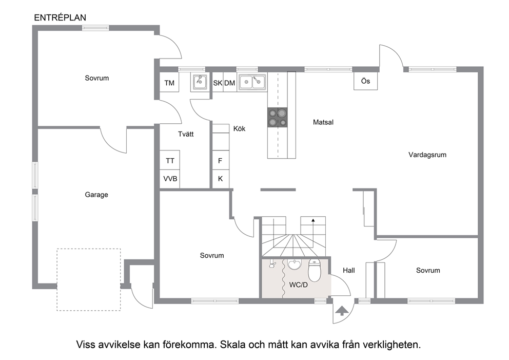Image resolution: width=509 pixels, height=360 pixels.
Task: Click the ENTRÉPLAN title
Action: coord(60,17)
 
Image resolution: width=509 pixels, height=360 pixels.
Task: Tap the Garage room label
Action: coord(96,195)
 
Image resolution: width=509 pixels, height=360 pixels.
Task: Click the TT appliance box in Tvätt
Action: coord(169,160)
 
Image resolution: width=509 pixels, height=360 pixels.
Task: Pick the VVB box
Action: coord(169,179)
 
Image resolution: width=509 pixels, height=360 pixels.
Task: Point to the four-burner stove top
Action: coord(278,117)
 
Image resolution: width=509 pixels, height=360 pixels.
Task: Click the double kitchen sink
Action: coord(252,82)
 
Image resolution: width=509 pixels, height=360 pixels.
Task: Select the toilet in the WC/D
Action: coord(314,270)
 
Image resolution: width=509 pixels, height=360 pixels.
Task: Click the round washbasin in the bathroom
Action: coord(295,264)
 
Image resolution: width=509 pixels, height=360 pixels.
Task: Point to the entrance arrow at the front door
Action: coord(342,311)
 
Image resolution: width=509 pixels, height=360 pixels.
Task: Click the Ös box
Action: coord(365,81)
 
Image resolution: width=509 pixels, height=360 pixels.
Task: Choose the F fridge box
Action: coord(221,161)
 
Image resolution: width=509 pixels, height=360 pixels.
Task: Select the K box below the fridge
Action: coord(221,179)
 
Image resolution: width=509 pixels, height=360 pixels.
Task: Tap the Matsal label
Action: coord(323,122)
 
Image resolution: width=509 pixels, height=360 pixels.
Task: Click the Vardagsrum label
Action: coord(427,155)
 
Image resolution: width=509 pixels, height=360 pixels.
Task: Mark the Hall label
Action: coord(348,270)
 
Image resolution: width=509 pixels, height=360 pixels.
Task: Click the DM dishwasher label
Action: coord(229,83)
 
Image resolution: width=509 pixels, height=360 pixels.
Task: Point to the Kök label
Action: coord(239,129)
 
